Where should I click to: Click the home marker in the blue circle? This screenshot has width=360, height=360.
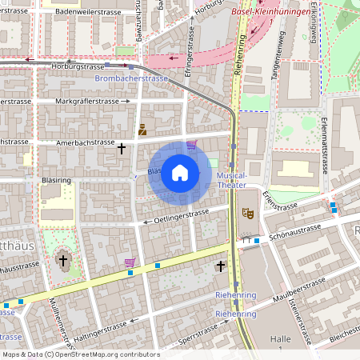180,173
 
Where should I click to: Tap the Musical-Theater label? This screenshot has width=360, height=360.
232,180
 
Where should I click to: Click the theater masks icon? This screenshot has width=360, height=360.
247,214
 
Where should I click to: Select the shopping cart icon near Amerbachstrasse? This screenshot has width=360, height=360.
191,145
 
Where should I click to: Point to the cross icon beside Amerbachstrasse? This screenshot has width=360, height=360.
122,148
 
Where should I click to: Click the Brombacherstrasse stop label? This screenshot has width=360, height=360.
131,79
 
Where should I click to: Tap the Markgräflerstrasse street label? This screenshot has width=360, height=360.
92,102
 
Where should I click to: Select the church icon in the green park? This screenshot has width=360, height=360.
63,261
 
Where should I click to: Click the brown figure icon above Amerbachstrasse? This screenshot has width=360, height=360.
142,129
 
